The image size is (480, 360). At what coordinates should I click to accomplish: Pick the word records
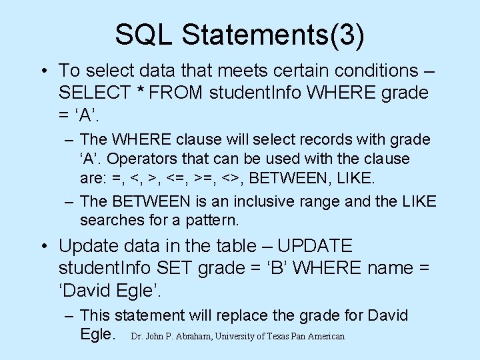click(317, 140)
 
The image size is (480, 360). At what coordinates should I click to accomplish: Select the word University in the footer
click(237, 337)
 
